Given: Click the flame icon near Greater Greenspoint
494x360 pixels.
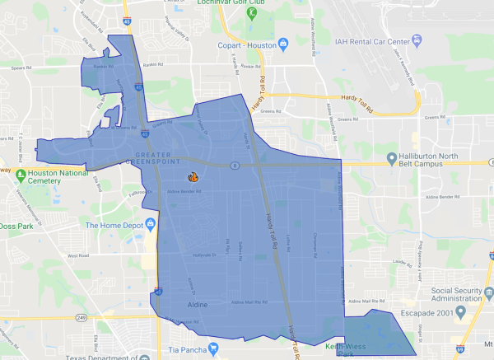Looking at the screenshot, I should pos(192,175).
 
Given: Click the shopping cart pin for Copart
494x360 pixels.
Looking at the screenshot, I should pos(282,43).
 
